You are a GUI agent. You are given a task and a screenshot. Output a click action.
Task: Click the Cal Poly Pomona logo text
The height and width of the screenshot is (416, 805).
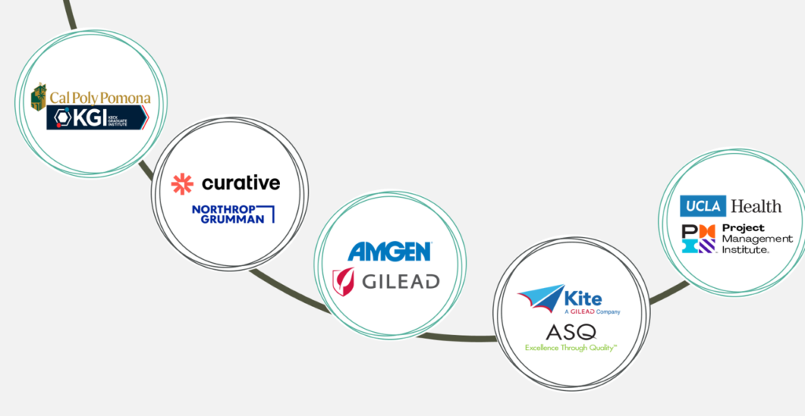click(x=99, y=98)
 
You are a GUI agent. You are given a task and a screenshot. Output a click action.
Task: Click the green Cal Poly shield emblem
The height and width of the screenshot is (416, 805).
click(x=38, y=97)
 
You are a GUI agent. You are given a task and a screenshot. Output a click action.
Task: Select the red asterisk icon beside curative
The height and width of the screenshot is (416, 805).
click(x=182, y=184)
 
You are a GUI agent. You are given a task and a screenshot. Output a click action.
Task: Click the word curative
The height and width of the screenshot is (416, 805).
click(x=241, y=184)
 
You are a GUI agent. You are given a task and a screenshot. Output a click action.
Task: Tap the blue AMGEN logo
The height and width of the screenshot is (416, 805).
click(x=389, y=251)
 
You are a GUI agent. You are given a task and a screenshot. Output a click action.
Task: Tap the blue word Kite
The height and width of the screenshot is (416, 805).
click(x=584, y=298)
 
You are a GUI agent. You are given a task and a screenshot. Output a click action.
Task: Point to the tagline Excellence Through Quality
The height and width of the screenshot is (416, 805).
click(x=571, y=347)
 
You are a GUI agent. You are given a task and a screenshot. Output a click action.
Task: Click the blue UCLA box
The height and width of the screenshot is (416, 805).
click(x=703, y=206)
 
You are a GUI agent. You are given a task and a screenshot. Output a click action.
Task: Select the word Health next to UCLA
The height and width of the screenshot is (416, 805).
click(x=756, y=206)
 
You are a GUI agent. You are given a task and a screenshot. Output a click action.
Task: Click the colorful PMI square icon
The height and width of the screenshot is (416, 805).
click(x=699, y=238)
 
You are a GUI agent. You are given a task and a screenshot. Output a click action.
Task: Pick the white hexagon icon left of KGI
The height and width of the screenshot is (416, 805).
click(x=61, y=119)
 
